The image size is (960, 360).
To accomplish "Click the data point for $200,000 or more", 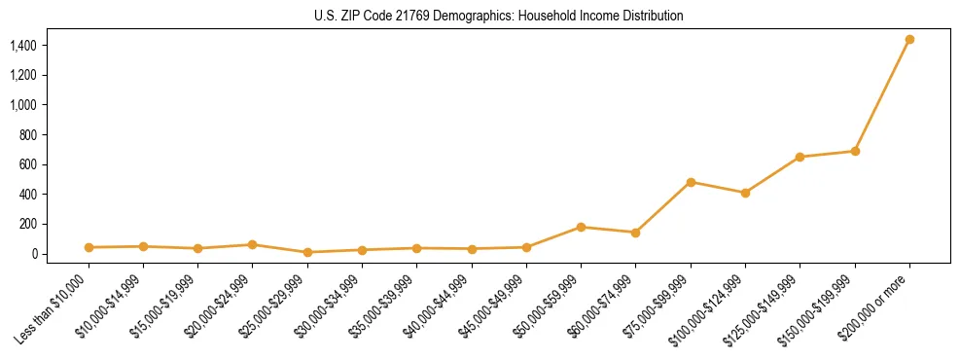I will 909,40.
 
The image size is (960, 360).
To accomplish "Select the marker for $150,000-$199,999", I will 855,151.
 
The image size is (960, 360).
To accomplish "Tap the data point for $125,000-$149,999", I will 800,157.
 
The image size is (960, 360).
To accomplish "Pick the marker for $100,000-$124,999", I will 745,193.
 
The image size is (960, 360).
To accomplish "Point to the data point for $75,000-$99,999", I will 691,182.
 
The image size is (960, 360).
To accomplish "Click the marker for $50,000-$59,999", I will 581,227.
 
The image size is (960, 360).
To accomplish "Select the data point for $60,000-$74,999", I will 635,233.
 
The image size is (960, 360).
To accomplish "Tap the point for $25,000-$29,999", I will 307,252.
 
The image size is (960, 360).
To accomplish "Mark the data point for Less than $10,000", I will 89,247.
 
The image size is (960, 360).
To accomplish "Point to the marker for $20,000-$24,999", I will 252,245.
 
